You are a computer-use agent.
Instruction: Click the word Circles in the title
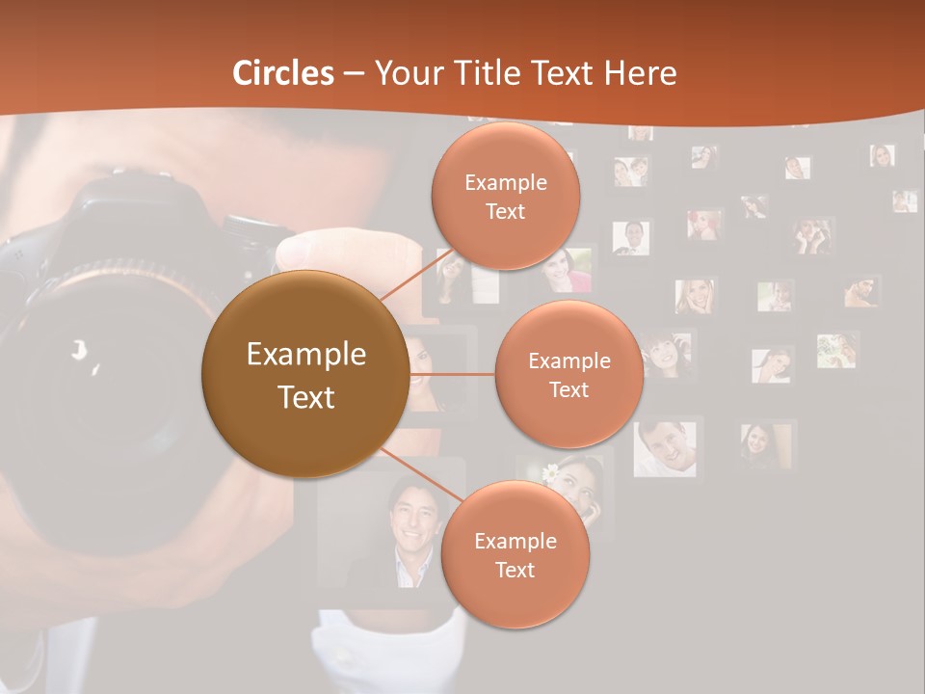282,73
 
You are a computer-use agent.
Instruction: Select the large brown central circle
305,375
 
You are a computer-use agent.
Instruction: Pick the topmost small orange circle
505,197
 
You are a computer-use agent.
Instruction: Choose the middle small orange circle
568,374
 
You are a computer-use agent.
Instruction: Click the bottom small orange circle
515,555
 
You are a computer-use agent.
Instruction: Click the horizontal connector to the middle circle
452,374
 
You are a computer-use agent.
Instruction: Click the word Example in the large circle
305,355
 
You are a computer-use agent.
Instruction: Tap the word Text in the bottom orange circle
515,570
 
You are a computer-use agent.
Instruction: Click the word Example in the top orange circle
505,182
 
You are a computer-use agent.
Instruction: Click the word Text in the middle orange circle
568,389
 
